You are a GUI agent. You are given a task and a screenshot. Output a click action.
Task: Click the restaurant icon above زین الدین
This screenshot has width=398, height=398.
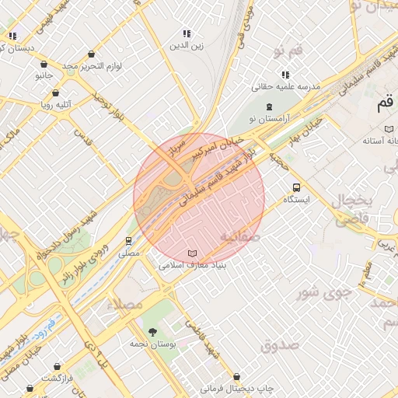pyautogui.click(x=187, y=33)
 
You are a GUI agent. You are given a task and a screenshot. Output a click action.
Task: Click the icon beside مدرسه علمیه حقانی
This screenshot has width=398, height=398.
pyautogui.click(x=285, y=75)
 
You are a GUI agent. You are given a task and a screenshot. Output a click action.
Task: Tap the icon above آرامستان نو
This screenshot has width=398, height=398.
pyautogui.click(x=269, y=106)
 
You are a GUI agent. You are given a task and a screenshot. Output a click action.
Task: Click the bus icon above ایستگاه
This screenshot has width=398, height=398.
pyautogui.click(x=296, y=187)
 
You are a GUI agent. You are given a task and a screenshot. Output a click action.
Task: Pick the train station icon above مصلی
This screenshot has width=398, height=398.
pyautogui.click(x=129, y=241)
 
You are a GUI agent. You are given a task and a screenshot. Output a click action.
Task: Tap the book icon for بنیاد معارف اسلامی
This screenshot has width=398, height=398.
pyautogui.click(x=192, y=254)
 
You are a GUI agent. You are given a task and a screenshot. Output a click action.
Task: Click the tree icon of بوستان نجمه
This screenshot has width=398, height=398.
pyautogui.click(x=152, y=332)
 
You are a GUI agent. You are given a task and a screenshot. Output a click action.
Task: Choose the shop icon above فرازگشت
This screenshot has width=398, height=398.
pyautogui.click(x=57, y=365)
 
